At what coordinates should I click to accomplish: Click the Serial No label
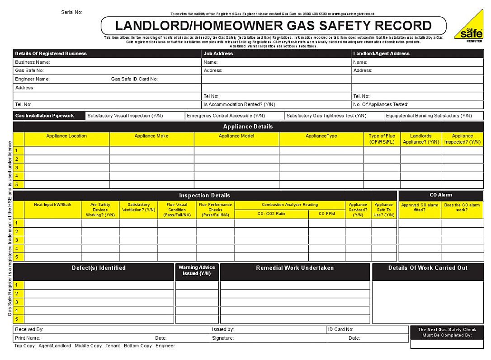pos(71,12)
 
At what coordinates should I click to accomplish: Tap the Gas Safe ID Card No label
pos(134,79)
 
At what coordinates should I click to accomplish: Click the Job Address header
pos(218,53)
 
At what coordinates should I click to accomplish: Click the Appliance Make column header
pos(151,136)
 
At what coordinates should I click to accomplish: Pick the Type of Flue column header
pos(382,139)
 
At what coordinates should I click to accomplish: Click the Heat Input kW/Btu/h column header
pos(52,205)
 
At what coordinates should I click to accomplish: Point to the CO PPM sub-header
pos(326,214)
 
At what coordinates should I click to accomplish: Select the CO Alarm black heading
pos(440,195)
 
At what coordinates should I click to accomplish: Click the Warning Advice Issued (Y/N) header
pos(197,270)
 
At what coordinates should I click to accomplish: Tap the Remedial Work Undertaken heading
pos(295,268)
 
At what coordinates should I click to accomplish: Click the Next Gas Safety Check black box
pos(447,332)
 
